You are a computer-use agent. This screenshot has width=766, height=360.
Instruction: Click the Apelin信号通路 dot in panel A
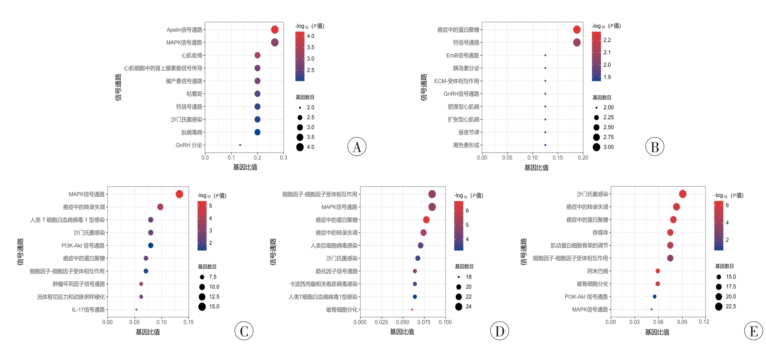tap(275, 30)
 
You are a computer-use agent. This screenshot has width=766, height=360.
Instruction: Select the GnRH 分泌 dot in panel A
tap(240, 145)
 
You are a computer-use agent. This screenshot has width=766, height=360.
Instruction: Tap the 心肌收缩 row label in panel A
tap(192, 55)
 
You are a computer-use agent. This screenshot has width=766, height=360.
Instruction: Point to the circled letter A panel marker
tap(357, 147)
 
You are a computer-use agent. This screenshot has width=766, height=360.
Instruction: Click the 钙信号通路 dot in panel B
tap(577, 42)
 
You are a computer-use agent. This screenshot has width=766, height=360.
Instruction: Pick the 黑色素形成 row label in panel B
tap(466, 145)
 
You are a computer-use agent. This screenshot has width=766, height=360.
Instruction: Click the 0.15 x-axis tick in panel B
tap(557, 158)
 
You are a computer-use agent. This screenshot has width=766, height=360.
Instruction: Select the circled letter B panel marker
tap(655, 147)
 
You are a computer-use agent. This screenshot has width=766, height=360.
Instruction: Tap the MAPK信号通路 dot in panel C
tap(179, 194)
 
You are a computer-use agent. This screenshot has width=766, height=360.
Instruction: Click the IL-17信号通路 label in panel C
tap(88, 310)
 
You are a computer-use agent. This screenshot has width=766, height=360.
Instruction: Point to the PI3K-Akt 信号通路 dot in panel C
tap(151, 245)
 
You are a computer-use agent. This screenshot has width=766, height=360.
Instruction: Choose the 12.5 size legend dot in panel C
tap(202, 297)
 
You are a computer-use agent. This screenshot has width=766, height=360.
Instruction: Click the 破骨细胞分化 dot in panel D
tap(412, 310)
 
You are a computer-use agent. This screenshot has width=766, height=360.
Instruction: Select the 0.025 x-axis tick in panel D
tap(381, 322)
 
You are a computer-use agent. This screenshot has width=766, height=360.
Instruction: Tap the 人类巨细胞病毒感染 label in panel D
tap(334, 246)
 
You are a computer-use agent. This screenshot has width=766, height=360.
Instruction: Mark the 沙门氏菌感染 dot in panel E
tap(683, 194)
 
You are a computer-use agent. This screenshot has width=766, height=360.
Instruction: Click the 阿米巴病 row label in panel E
tap(598, 271)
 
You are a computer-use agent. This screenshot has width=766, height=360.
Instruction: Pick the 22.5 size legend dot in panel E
tap(719, 307)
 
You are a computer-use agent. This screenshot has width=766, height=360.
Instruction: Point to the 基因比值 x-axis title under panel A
tap(245, 167)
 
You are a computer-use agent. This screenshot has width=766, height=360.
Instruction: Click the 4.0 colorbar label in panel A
tap(311, 36)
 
